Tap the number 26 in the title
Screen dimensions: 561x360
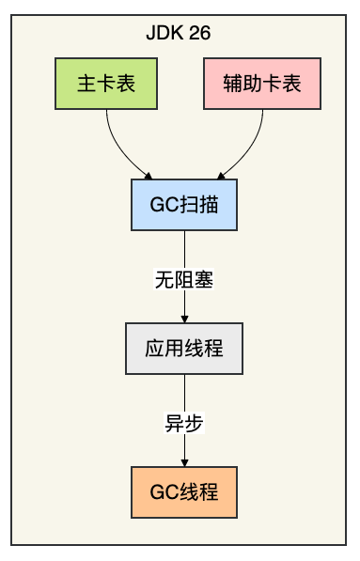(199, 33)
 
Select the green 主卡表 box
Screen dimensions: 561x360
(106, 83)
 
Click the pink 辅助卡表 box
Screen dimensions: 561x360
(262, 83)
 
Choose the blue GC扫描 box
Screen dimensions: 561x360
(184, 205)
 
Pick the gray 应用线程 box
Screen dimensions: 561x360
(184, 349)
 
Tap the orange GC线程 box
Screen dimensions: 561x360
(184, 492)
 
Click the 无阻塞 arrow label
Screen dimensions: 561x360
(184, 279)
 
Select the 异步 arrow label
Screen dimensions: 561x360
(184, 423)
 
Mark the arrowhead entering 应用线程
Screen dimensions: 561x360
(184, 319)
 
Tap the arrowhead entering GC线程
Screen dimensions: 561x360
(184, 463)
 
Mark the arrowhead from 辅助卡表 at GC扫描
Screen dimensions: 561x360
(220, 175)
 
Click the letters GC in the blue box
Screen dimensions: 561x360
(162, 205)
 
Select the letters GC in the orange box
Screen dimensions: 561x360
(162, 492)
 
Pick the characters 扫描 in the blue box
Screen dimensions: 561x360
(196, 205)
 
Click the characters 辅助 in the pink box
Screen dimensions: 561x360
(243, 83)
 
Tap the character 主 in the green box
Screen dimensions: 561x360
(86, 83)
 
